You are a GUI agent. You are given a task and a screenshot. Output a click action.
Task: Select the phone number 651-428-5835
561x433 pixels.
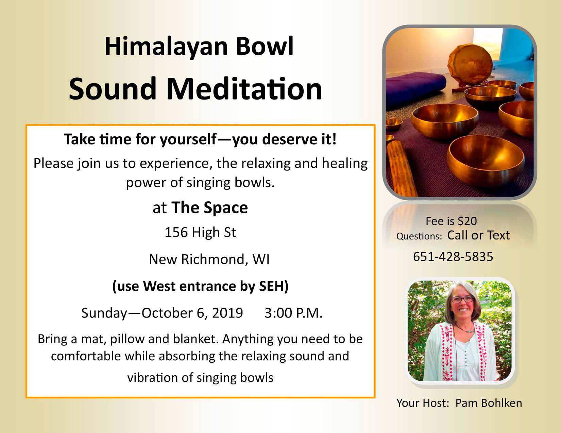pyautogui.click(x=453, y=257)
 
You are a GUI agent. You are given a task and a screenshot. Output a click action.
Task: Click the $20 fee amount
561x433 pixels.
pyautogui.click(x=467, y=221)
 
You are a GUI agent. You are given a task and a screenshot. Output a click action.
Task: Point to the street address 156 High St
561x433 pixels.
pyautogui.click(x=200, y=232)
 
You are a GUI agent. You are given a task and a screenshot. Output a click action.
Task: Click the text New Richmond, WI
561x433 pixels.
pyautogui.click(x=209, y=259)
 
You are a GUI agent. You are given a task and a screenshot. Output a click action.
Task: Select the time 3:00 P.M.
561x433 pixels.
pyautogui.click(x=293, y=313)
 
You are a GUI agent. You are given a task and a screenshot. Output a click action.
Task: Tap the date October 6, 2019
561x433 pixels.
pyautogui.click(x=192, y=313)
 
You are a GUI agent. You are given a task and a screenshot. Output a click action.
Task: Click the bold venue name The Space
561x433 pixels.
pyautogui.click(x=210, y=208)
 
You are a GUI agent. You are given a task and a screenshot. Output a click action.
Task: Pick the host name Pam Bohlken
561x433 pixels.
pyautogui.click(x=489, y=403)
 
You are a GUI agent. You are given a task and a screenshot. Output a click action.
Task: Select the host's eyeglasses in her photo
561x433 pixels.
pyautogui.click(x=462, y=300)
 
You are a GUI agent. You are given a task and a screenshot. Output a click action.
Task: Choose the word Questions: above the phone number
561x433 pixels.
pyautogui.click(x=420, y=236)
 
